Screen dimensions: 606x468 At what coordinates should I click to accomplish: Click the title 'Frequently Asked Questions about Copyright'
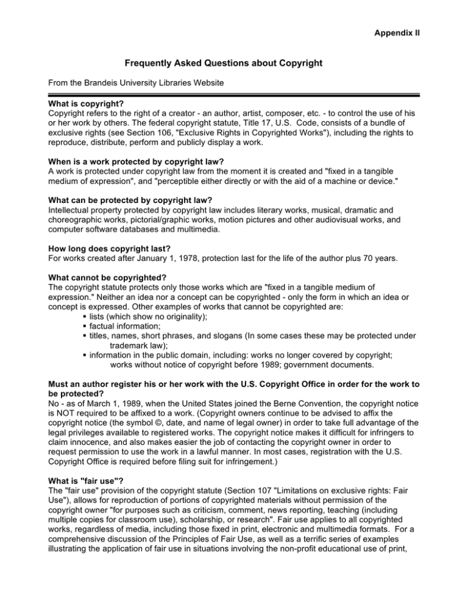[233, 63]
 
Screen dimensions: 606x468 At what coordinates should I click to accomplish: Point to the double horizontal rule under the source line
[233, 94]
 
